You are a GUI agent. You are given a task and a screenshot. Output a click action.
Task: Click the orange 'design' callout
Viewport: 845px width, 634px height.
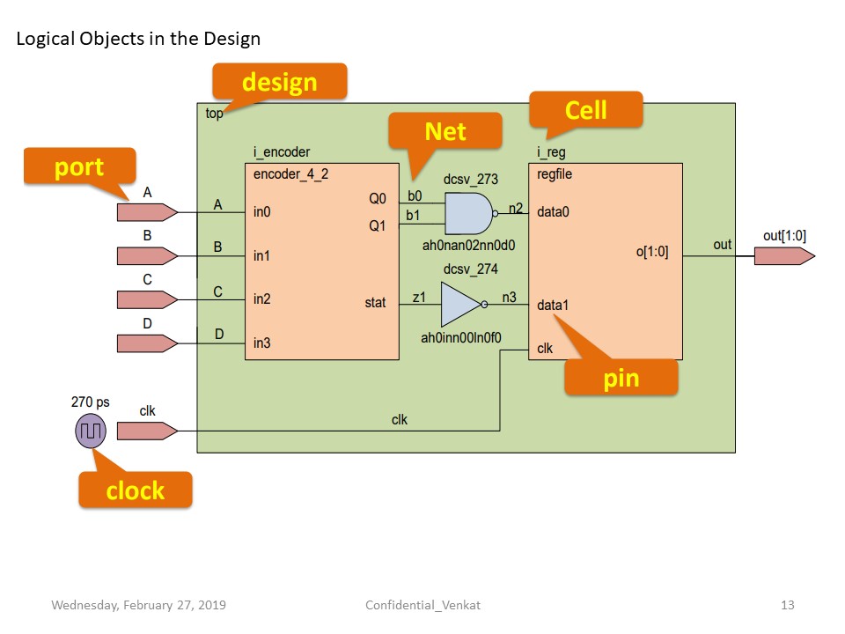point(279,82)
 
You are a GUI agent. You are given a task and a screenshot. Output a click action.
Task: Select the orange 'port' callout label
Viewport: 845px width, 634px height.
point(79,166)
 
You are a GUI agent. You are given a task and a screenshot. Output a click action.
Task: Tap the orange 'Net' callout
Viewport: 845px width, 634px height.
point(445,131)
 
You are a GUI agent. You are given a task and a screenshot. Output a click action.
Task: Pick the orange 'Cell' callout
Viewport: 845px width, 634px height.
point(586,110)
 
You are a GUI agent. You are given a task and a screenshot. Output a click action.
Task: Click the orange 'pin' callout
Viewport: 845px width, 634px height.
point(621,379)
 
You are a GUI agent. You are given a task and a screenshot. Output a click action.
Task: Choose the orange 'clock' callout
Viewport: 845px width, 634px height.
point(135,490)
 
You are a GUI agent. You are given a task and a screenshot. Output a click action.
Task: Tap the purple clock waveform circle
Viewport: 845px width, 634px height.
point(90,431)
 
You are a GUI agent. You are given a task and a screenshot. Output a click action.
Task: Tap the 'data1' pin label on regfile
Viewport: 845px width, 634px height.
point(554,306)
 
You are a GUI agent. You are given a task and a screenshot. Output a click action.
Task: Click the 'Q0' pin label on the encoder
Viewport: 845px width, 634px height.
point(377,199)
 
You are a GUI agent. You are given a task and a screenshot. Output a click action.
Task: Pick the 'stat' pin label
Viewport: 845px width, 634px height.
point(375,303)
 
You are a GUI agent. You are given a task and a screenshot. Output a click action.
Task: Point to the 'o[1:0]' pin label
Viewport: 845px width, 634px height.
point(651,252)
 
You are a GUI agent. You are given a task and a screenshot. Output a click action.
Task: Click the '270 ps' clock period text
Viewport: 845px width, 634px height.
point(91,402)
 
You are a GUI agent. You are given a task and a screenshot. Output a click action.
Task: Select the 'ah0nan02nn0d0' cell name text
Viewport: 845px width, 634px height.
point(468,246)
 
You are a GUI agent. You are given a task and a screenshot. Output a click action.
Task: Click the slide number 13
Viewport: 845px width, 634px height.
point(787,605)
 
